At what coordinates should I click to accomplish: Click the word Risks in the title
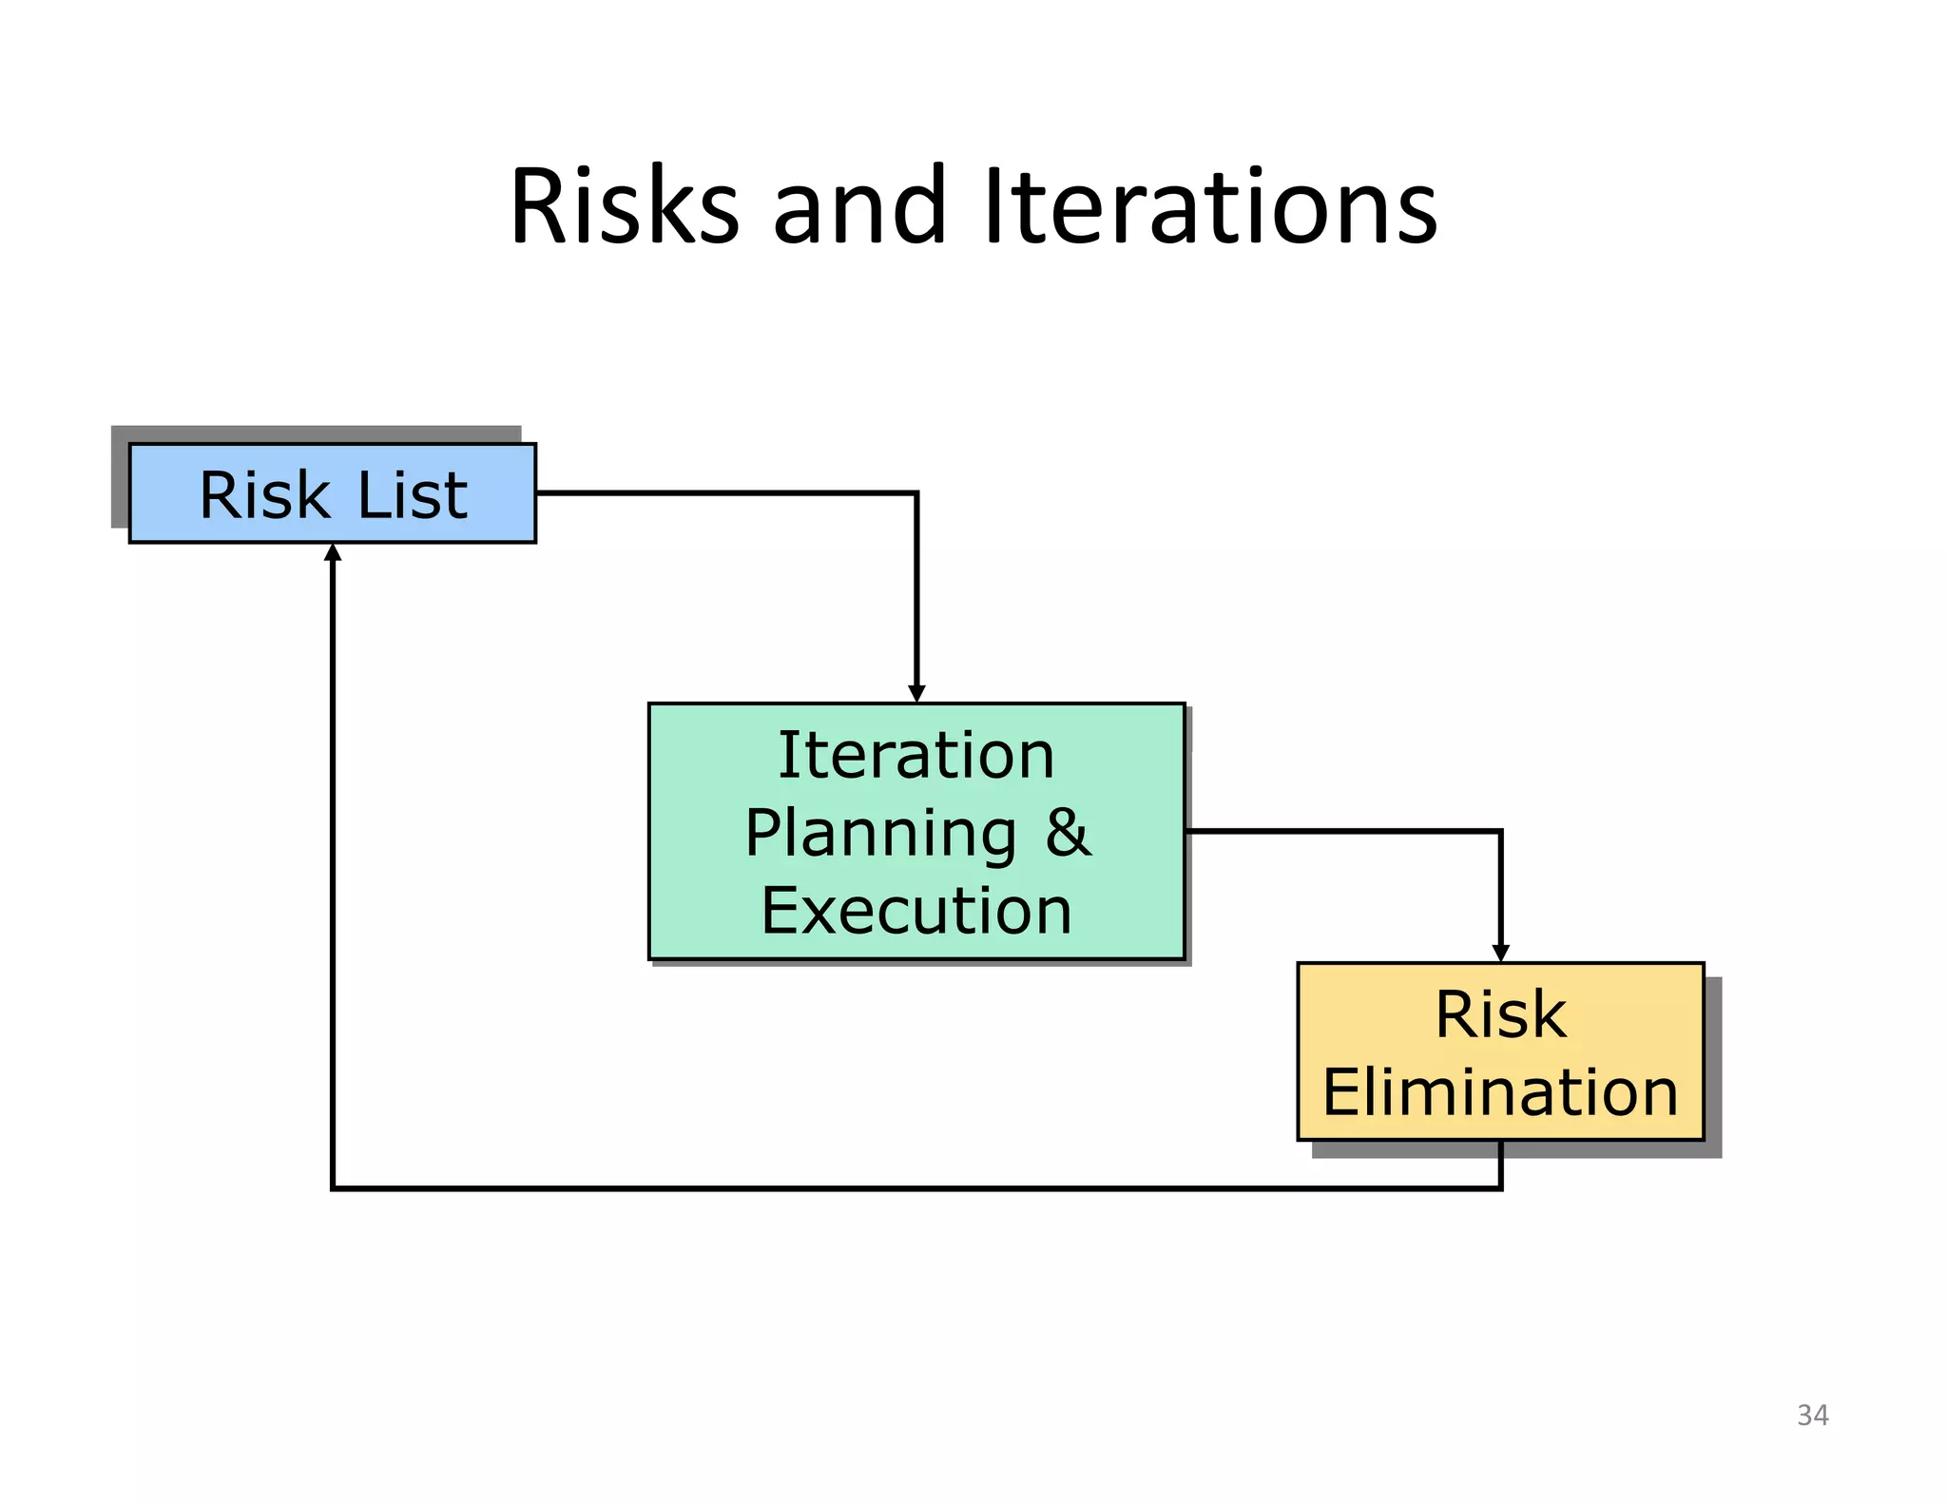[x=624, y=206]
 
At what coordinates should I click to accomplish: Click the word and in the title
[x=858, y=206]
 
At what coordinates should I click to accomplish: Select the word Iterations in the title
[x=1209, y=206]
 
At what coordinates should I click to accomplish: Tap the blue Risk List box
[x=332, y=493]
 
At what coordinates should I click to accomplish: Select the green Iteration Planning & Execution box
[x=916, y=832]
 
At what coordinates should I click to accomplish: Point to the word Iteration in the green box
[x=916, y=756]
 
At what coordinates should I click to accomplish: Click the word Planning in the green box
[x=880, y=834]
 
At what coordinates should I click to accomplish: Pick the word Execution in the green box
[x=916, y=911]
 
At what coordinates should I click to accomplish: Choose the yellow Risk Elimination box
[x=1500, y=1051]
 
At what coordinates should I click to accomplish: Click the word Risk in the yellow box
[x=1500, y=1014]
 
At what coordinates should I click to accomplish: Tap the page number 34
[x=1812, y=1416]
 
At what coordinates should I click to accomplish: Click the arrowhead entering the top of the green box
[x=916, y=694]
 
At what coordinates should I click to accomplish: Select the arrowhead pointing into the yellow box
[x=1500, y=953]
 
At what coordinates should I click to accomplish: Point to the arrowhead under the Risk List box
[x=333, y=552]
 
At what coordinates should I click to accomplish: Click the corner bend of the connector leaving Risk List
[x=916, y=493]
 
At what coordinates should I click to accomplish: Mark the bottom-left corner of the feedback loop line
[x=333, y=1187]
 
